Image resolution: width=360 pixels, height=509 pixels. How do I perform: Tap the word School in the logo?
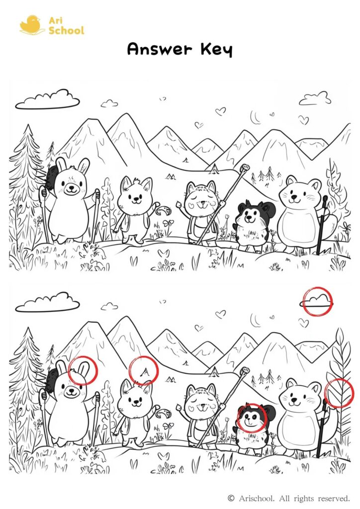tap(66, 30)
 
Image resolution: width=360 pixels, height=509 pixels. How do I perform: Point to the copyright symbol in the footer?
tap(231, 498)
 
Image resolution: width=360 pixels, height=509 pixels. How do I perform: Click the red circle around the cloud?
tap(317, 301)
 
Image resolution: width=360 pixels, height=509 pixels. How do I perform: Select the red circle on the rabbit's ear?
tap(83, 370)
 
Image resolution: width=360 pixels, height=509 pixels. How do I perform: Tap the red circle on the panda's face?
tap(252, 417)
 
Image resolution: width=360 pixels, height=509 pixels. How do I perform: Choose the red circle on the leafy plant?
tap(339, 393)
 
